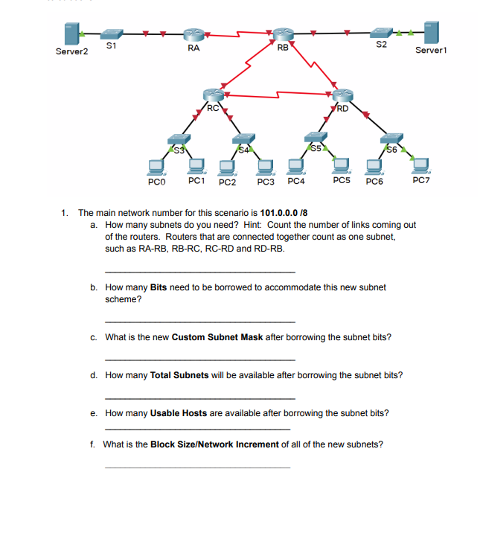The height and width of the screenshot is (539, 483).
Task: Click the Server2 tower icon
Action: (x=72, y=34)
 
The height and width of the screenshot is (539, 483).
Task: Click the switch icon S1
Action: (x=112, y=34)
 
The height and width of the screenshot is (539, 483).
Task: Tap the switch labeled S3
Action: (x=178, y=140)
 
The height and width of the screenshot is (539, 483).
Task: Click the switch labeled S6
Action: (x=391, y=139)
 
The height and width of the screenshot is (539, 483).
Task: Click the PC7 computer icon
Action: (x=422, y=165)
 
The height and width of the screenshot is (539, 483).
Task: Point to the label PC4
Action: (x=296, y=181)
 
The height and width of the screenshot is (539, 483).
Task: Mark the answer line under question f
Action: (x=197, y=467)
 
